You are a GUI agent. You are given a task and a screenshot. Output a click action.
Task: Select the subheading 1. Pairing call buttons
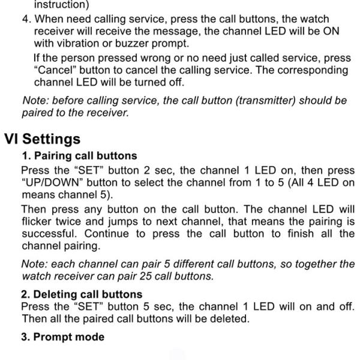(79, 156)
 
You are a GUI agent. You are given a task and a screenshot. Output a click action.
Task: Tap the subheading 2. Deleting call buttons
(82, 294)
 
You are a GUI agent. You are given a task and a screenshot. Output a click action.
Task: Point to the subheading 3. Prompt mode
(62, 337)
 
